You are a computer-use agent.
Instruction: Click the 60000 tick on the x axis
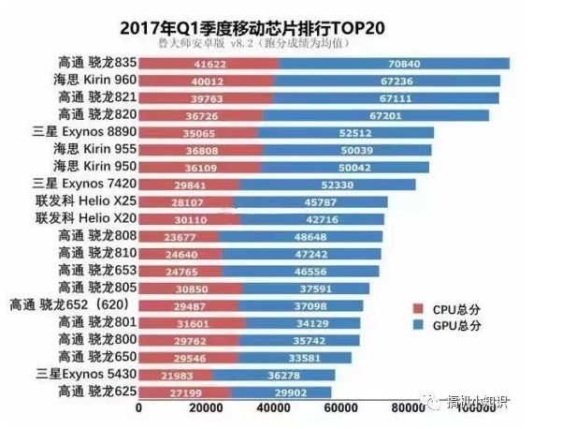click(x=342, y=407)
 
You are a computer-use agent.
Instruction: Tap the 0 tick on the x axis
click(x=139, y=407)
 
